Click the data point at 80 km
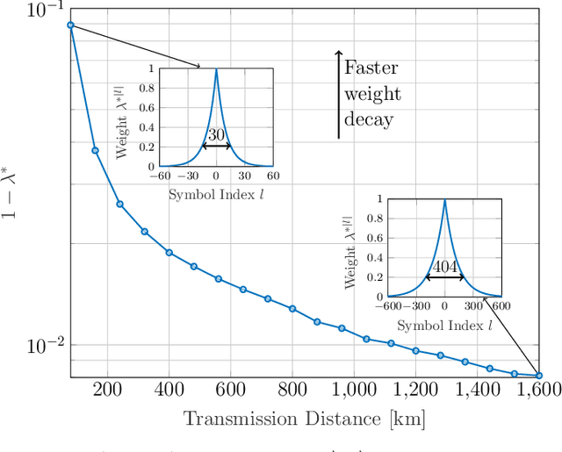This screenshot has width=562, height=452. pos(70,25)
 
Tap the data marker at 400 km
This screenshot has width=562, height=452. pos(169,253)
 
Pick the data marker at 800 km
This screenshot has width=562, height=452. pos(292,309)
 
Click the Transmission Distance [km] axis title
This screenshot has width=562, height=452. pos(304,420)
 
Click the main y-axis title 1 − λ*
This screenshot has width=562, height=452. pos(15,193)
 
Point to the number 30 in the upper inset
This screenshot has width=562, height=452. pos(216,135)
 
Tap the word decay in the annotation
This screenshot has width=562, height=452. pos(368,119)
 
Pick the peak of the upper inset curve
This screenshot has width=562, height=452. pos(216,69)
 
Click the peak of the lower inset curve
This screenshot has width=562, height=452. pos(444,200)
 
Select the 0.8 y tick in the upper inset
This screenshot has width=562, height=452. pos(150,88)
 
